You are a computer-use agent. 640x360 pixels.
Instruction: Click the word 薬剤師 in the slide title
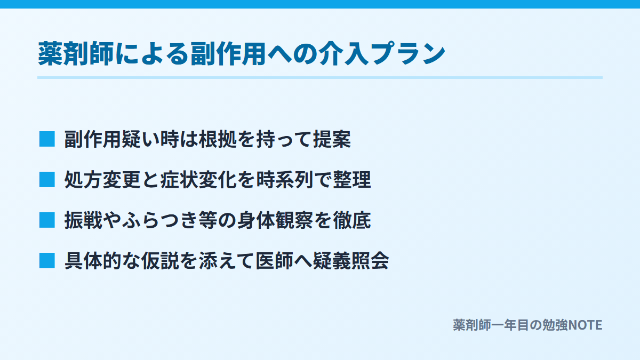click(x=76, y=53)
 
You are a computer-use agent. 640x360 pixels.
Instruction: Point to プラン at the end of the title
click(x=407, y=53)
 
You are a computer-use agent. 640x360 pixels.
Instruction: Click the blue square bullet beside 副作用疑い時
click(x=47, y=139)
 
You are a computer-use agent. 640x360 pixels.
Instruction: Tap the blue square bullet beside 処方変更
click(x=47, y=179)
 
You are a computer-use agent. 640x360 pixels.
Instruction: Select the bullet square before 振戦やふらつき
click(x=47, y=220)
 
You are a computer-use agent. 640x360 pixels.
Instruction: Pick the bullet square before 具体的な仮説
click(x=47, y=261)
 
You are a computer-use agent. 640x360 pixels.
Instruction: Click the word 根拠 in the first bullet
click(x=218, y=139)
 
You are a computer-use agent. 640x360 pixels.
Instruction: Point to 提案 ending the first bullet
click(x=332, y=139)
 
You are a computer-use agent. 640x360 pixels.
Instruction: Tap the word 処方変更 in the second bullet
click(x=103, y=180)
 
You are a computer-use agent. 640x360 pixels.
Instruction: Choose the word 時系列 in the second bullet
click(x=285, y=180)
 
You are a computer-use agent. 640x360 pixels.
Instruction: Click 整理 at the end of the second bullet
click(x=352, y=180)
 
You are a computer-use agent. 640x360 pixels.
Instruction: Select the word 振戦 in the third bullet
click(x=83, y=220)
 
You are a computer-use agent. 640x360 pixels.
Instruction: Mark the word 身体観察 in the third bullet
click(x=275, y=220)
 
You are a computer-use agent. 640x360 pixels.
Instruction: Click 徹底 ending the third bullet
click(x=352, y=220)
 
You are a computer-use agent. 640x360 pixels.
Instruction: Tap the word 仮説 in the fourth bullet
click(x=161, y=261)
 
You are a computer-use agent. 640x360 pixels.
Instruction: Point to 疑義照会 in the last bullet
click(x=351, y=261)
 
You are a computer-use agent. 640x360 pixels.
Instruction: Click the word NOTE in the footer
click(x=585, y=325)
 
